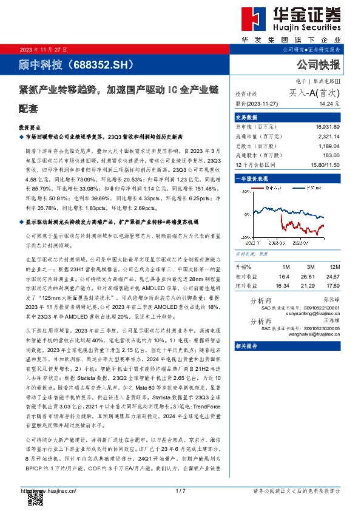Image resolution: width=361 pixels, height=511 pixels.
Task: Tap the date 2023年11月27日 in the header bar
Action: coord(44,49)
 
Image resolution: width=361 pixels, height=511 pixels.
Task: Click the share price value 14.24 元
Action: coord(331,103)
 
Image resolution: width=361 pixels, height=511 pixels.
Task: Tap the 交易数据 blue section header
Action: coord(247,117)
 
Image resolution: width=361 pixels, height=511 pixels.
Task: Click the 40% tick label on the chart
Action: coord(245,190)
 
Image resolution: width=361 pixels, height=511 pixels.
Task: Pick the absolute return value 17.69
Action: coord(332,285)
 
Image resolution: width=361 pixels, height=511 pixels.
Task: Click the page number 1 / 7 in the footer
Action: coord(180,490)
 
